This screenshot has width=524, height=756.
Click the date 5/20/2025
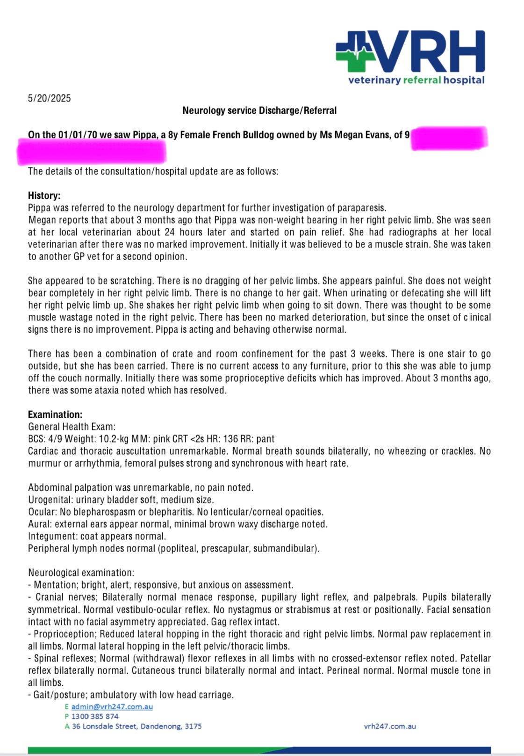point(49,98)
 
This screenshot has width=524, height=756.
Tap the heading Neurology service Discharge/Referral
point(259,111)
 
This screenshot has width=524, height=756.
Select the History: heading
point(44,196)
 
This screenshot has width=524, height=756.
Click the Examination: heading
point(55,414)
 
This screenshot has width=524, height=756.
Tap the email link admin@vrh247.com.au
point(112,707)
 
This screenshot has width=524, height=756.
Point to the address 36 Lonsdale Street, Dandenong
point(136,727)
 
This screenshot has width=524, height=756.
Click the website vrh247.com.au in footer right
point(390,727)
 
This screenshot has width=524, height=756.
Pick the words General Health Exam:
point(72,427)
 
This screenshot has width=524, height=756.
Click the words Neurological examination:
point(81,573)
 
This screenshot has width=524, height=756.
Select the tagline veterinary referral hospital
point(416,80)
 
